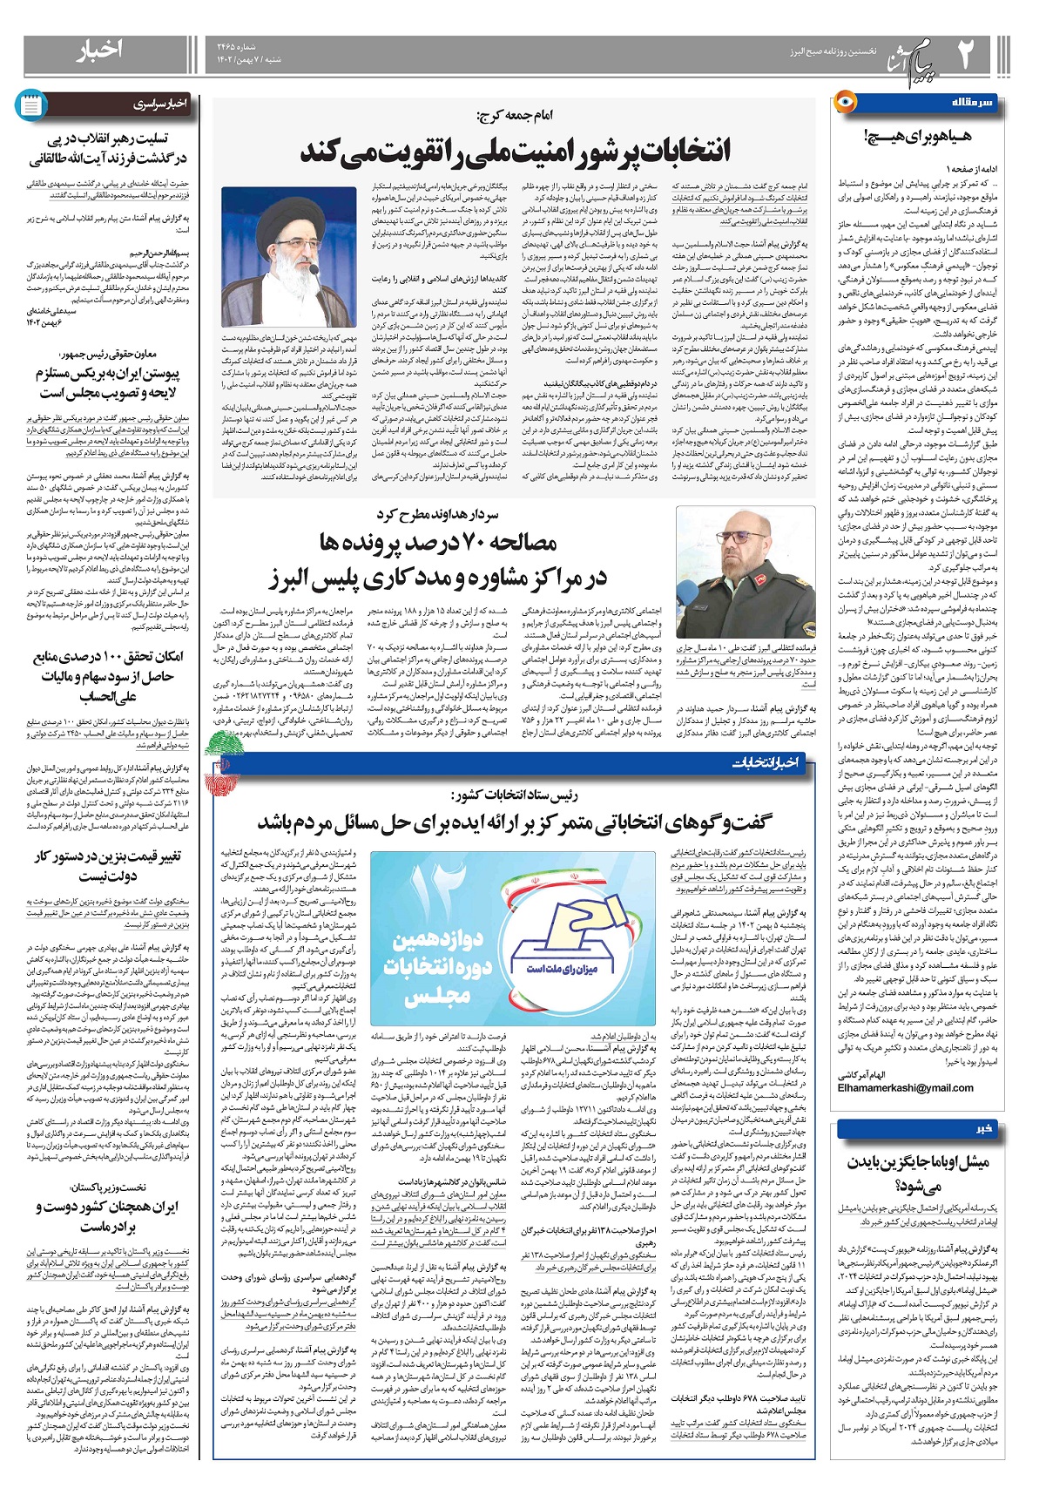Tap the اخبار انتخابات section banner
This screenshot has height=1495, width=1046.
click(766, 763)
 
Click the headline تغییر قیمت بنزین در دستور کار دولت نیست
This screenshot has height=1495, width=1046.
click(108, 866)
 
